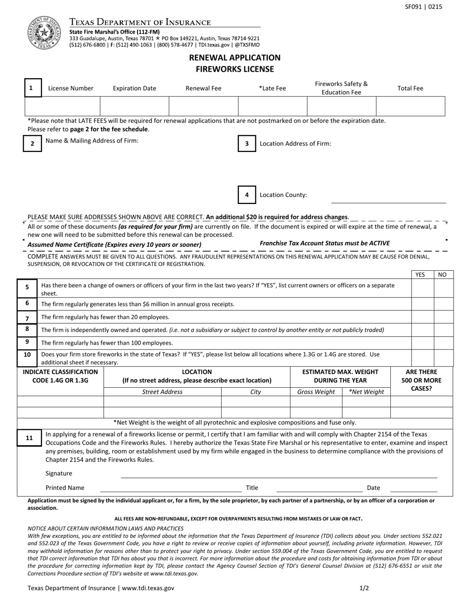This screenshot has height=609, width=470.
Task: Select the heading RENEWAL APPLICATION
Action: coord(235,57)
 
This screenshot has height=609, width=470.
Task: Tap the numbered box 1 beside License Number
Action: coord(31,88)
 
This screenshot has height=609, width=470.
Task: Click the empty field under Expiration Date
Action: coord(135,106)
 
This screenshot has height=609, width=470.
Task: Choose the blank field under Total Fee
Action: coord(410,106)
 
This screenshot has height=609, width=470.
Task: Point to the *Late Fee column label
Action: coord(272,88)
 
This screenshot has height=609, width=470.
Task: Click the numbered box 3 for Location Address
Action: coord(246,144)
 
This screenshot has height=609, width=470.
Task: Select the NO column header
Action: coord(443,275)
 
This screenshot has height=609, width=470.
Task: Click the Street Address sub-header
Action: coord(162,392)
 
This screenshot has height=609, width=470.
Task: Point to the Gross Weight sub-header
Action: coord(316,392)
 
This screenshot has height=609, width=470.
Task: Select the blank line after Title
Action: coord(319,488)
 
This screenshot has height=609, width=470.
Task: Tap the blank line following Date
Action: coord(414,488)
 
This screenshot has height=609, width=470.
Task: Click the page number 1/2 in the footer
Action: coord(364,588)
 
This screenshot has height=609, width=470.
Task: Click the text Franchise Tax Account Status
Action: coord(325,243)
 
